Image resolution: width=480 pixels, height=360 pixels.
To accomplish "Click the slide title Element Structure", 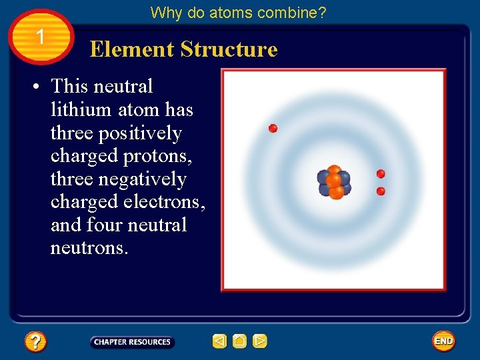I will coord(183,49).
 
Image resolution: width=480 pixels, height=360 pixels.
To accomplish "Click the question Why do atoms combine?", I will coord(238,13).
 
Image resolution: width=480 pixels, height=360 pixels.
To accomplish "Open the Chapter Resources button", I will coord(132,342).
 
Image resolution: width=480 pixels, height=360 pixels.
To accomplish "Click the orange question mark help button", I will coord(35,342).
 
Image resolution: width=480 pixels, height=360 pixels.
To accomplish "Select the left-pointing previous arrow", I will coord(219,342).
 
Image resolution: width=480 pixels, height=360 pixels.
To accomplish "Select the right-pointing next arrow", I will coord(260,342).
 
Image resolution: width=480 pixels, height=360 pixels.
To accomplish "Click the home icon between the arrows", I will coord(240,342).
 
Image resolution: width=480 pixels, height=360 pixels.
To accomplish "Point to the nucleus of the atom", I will coord(334,181).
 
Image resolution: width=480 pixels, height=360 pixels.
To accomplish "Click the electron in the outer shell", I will coord(273,128).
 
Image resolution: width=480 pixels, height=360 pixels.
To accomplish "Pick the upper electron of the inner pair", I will coord(381,174).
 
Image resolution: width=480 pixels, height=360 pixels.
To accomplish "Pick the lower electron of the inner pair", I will coord(381,191).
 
